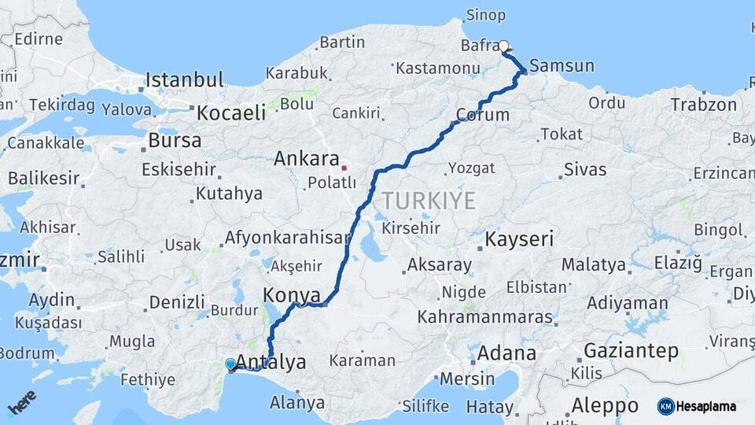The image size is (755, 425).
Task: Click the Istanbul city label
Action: click(x=185, y=79)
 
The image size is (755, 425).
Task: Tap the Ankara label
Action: click(x=306, y=158)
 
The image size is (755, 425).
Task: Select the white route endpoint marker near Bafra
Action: click(x=504, y=46)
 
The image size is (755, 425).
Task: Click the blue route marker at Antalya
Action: click(x=230, y=364)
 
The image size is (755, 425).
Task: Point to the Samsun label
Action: click(x=562, y=65)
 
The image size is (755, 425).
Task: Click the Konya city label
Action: click(x=291, y=295)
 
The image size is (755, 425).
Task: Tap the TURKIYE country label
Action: click(x=429, y=201)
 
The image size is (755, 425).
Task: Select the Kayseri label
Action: click(x=520, y=239)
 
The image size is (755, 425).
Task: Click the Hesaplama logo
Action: click(x=697, y=406)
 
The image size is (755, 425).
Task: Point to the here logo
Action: click(x=22, y=403)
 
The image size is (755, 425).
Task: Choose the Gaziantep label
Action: click(x=631, y=351)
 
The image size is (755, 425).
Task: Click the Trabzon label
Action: click(x=704, y=104)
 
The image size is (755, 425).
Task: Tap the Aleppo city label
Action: click(x=604, y=405)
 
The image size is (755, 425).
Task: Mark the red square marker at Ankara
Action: click(x=344, y=167)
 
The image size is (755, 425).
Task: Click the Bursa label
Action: click(x=175, y=141)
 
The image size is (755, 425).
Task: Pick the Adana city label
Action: click(x=506, y=353)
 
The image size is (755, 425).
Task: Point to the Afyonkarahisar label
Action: click(x=287, y=237)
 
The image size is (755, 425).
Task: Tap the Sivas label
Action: click(x=585, y=169)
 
